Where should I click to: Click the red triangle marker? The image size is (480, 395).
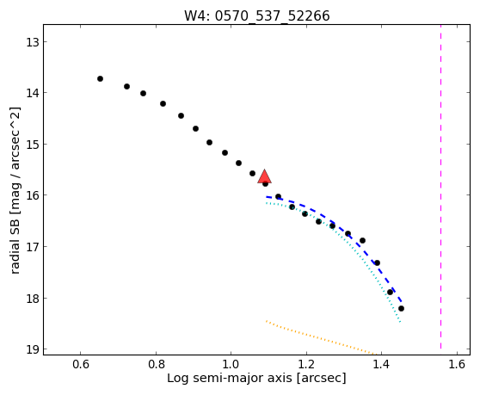point(264,176)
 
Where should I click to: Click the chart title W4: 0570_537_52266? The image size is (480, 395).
point(257,15)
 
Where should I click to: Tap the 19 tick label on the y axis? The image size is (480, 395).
point(33,349)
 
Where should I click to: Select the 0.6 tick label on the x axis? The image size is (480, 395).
point(81,364)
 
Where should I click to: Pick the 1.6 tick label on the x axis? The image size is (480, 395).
point(457,364)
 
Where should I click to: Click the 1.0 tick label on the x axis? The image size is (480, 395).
point(231,364)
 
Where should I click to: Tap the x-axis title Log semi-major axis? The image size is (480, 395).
point(230,378)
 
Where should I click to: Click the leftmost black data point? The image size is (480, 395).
point(100,78)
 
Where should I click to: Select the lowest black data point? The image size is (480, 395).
point(401,308)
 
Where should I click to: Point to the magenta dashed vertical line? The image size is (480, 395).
point(440,187)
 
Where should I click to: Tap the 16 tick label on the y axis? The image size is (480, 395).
point(33,195)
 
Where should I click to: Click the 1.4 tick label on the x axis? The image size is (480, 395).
point(382,364)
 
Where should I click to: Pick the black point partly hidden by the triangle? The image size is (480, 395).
point(266,184)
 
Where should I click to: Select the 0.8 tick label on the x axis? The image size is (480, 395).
point(156,364)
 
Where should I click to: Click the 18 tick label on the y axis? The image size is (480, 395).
point(33,299)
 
